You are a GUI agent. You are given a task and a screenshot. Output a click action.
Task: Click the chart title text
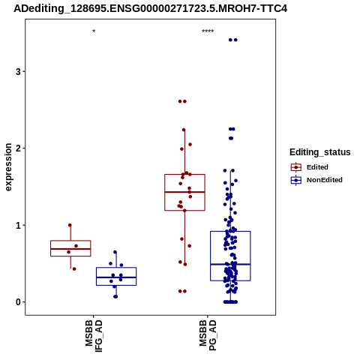150,9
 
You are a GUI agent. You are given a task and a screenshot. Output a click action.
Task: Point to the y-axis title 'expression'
8,167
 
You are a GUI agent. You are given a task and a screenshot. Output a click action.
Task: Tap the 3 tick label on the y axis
18,72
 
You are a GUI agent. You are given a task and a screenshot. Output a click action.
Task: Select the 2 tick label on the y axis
18,148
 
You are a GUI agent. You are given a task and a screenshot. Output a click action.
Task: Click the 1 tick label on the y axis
18,226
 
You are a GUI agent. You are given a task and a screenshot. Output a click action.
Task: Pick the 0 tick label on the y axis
18,302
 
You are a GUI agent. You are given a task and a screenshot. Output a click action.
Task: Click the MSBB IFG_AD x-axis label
94,337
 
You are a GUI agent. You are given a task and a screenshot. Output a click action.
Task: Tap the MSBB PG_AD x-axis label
208,336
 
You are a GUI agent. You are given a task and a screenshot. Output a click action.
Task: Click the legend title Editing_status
320,152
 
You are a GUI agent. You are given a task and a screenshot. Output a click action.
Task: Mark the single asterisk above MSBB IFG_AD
94,31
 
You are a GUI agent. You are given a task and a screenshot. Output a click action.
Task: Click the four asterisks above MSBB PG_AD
208,31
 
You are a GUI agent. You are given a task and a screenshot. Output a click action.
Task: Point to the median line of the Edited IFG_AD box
70,249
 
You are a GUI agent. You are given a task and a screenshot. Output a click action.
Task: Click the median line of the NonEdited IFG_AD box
116,277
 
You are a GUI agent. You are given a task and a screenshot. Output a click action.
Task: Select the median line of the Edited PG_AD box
184,192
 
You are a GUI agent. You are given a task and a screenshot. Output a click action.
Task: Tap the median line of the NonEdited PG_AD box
230,264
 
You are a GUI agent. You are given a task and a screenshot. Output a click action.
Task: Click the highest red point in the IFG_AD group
70,225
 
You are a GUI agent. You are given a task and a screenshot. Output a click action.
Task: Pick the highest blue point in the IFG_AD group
115,252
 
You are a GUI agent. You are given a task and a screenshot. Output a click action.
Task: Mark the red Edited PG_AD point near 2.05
190,145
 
